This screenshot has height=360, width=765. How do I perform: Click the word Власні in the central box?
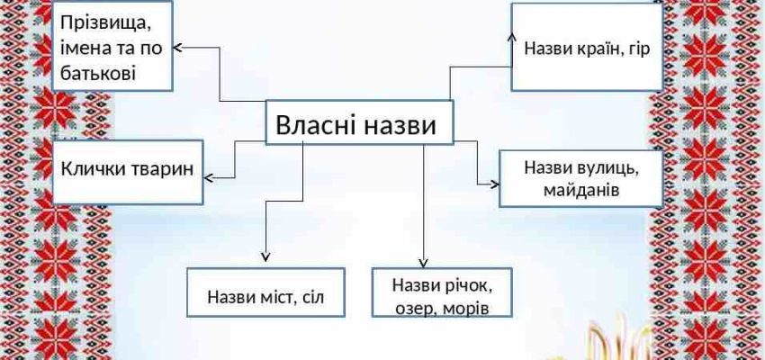[x=317, y=125]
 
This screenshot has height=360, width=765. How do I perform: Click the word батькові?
[x=98, y=73]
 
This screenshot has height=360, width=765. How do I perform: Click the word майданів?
[x=581, y=190]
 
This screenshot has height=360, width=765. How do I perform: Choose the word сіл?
[x=311, y=297]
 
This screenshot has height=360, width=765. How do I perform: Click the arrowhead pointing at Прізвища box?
[x=177, y=48]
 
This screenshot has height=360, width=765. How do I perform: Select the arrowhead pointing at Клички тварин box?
[x=208, y=178]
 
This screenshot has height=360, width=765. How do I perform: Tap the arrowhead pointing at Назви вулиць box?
[x=495, y=184]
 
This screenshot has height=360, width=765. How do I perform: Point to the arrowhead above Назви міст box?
[x=265, y=257]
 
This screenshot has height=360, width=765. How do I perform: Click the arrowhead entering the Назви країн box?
[x=512, y=37]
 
